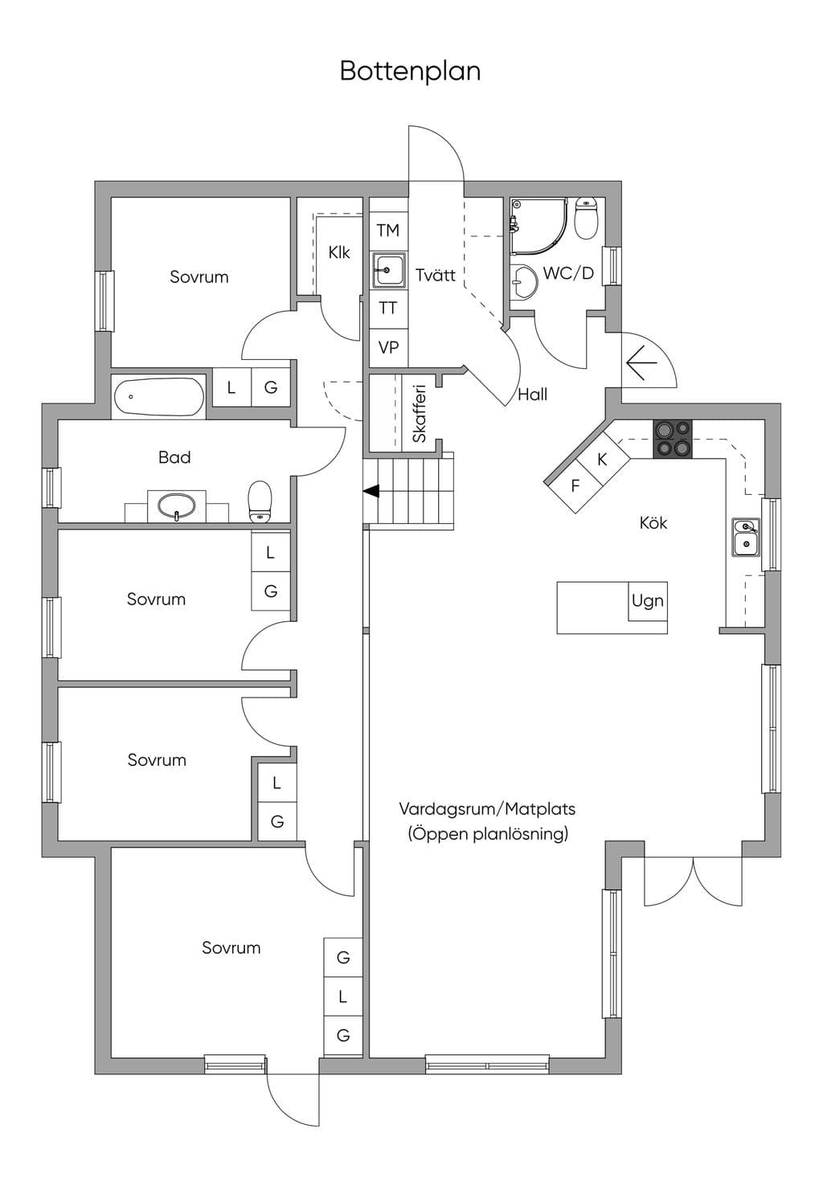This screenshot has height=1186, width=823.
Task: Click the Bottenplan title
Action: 411,72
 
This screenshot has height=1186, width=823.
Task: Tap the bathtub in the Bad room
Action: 158,396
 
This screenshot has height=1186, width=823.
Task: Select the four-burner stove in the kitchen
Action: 672,439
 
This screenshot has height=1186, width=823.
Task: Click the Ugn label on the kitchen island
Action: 647,601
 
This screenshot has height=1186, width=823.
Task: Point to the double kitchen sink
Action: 746,537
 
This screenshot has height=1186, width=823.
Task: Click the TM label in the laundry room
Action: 387,231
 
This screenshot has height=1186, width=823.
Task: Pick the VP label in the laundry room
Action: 388,347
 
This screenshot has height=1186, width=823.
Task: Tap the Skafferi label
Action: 420,414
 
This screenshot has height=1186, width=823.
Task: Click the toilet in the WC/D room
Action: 586,218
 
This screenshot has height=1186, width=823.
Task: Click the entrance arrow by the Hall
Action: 641,362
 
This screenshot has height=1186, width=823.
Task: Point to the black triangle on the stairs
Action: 371,491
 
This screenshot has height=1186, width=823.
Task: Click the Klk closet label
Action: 339,252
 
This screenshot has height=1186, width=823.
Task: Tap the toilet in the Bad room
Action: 260,502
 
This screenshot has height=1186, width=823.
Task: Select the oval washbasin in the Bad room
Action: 176,505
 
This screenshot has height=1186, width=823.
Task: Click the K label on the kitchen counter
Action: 602,459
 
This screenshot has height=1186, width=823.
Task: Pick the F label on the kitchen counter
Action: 575,485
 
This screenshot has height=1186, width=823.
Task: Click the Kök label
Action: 653,523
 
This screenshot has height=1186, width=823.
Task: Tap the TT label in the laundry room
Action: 387,308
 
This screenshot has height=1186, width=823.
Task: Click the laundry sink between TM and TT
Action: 388,270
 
